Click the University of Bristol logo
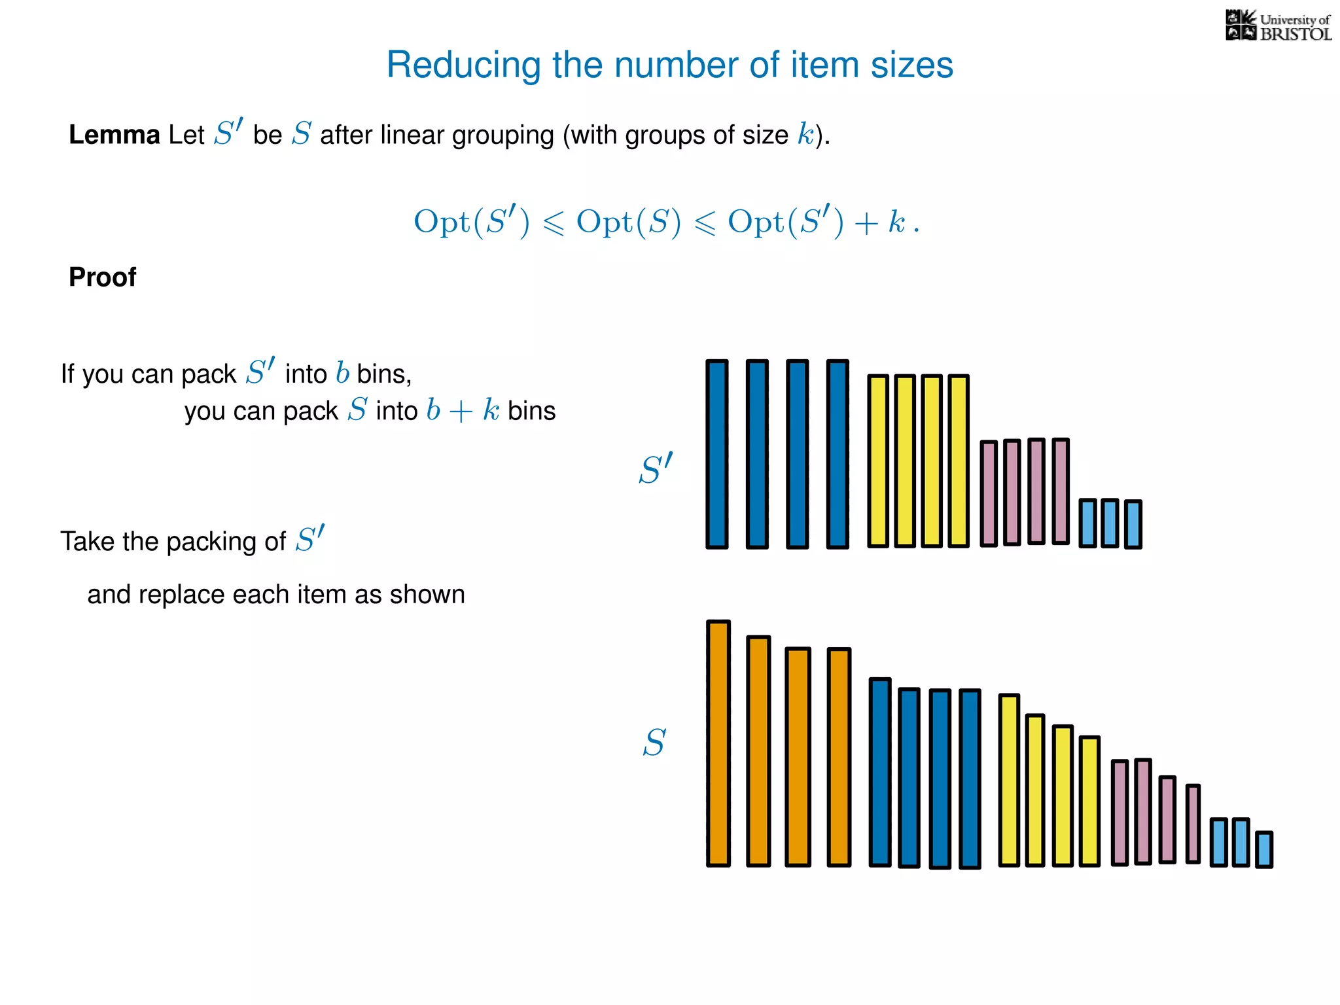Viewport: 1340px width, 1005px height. [x=1278, y=26]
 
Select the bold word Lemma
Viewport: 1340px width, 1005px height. [x=114, y=135]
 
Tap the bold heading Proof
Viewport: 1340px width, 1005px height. [x=102, y=277]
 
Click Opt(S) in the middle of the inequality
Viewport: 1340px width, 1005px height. [x=628, y=222]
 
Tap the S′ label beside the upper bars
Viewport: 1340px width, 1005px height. [x=655, y=469]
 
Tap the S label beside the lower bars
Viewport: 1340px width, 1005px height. [x=654, y=743]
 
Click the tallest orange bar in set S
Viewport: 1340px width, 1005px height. [x=718, y=743]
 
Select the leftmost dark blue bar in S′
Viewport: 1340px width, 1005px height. [x=717, y=454]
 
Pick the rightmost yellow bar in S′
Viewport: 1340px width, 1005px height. [x=958, y=461]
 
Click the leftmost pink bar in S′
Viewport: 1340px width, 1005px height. [x=989, y=493]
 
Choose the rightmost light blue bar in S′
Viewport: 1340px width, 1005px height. [x=1133, y=523]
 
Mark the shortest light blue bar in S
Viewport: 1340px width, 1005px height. [x=1264, y=849]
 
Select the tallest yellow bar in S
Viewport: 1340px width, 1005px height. [x=1009, y=780]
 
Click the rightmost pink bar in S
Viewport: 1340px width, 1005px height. [x=1193, y=824]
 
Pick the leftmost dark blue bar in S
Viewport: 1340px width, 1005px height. [x=880, y=772]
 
